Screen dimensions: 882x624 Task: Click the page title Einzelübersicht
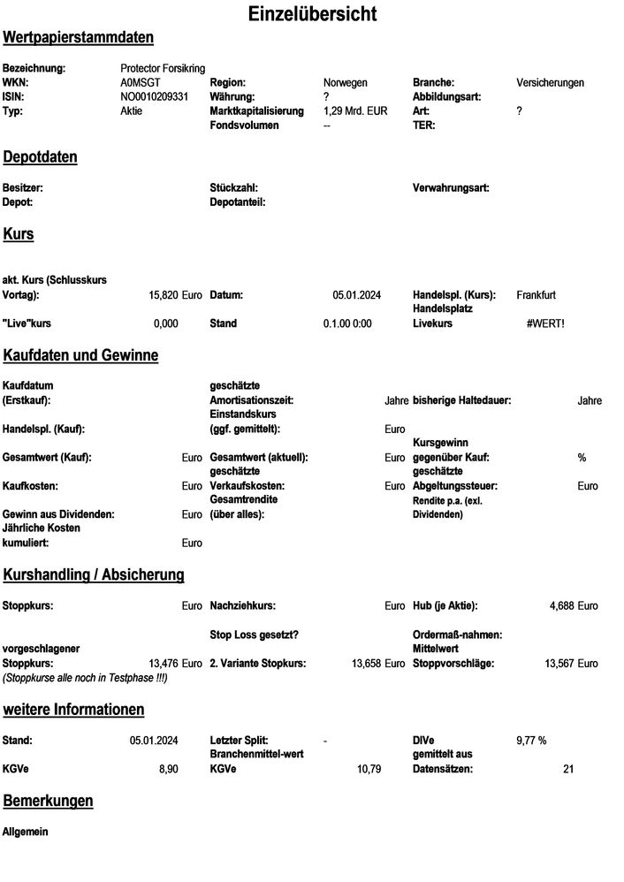312,14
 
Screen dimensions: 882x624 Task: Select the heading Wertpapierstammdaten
79,37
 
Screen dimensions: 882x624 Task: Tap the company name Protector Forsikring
163,68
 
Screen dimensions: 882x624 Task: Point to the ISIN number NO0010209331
155,96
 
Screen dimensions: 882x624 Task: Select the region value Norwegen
346,82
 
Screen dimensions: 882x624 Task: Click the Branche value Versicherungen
550,82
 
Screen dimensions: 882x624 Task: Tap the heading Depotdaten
41,157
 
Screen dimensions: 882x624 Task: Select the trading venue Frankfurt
536,294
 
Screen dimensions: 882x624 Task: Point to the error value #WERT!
544,323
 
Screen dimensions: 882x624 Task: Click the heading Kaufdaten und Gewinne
81,355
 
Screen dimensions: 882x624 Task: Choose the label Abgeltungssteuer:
456,486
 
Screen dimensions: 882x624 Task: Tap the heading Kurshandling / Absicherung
94,575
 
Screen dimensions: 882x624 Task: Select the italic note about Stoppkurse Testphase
85,677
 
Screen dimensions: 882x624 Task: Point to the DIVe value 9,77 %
531,741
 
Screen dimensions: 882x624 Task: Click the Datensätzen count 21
568,769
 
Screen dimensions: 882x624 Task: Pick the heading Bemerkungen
49,801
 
